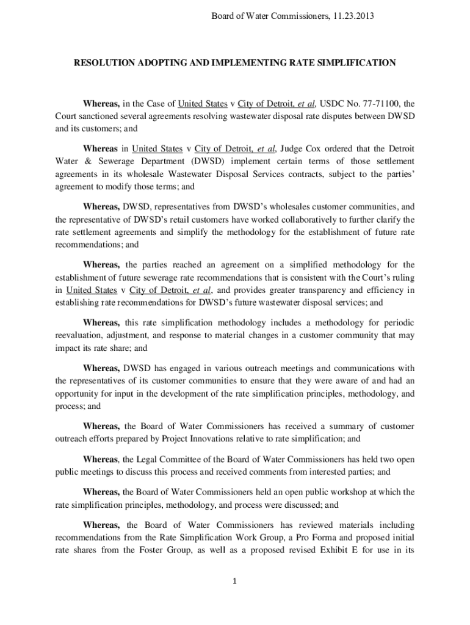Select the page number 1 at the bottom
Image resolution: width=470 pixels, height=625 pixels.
234,581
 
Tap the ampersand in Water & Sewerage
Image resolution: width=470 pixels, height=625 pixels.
84,161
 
